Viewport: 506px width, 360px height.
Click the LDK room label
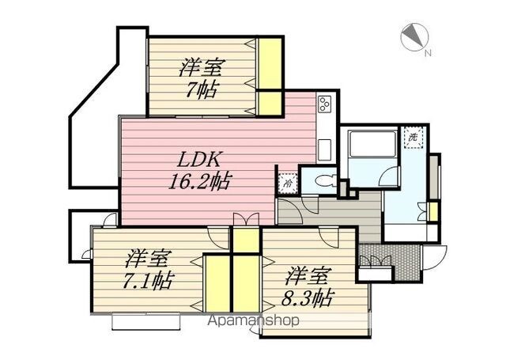pyautogui.click(x=200, y=160)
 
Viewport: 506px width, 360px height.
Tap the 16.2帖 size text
pyautogui.click(x=199, y=182)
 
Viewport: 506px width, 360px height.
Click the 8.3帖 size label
pyautogui.click(x=307, y=298)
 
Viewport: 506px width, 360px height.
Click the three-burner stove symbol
pyautogui.click(x=324, y=104)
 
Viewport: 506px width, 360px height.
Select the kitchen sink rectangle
pyautogui.click(x=325, y=150)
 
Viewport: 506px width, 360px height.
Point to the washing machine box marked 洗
pyautogui.click(x=413, y=137)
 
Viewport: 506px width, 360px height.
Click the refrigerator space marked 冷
pyautogui.click(x=287, y=184)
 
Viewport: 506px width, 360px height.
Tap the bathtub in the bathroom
pyautogui.click(x=373, y=144)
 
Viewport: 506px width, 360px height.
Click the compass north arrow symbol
pyautogui.click(x=414, y=37)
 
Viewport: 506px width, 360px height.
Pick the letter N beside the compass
pyautogui.click(x=428, y=53)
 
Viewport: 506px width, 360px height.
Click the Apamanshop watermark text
pyautogui.click(x=253, y=320)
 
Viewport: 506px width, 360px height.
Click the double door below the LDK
pyautogui.click(x=246, y=219)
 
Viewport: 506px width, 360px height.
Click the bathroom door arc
pyautogui.click(x=389, y=176)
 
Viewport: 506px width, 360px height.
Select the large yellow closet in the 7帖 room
pyautogui.click(x=270, y=63)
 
